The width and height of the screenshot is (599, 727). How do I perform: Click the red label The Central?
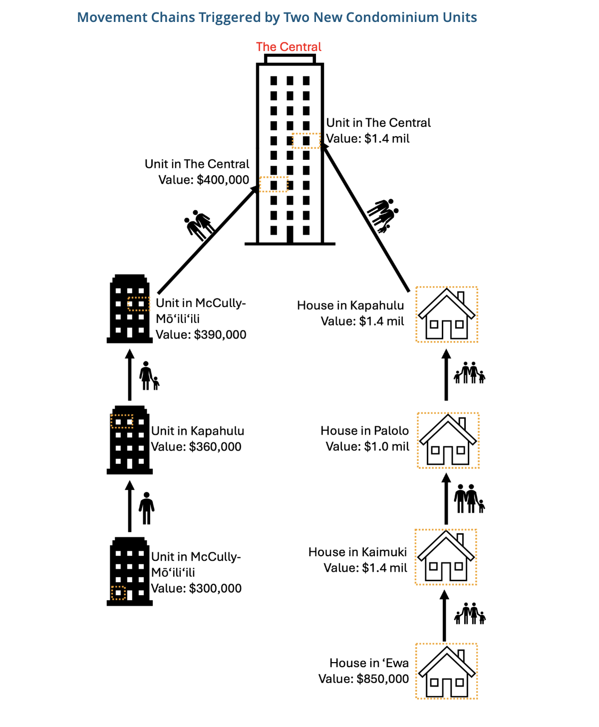[x=289, y=47]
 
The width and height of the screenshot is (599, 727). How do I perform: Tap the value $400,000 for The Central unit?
[x=223, y=180]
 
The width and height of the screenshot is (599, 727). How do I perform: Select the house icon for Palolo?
[x=448, y=440]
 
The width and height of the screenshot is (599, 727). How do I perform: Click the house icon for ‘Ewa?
[x=447, y=671]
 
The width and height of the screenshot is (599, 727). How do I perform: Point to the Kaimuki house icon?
[x=446, y=557]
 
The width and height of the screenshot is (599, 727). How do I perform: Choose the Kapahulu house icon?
[x=447, y=315]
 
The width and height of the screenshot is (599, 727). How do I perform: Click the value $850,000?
[x=382, y=679]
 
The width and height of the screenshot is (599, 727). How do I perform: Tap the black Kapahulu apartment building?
[x=130, y=439]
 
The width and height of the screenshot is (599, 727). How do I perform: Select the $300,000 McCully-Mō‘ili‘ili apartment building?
[x=130, y=571]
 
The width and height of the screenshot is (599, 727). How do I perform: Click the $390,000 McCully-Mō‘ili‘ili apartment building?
[x=130, y=308]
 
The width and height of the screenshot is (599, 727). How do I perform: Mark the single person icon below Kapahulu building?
[x=147, y=508]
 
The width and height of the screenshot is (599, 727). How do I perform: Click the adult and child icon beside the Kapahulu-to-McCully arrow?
[x=149, y=376]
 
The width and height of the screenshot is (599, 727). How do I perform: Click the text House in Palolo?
[x=364, y=431]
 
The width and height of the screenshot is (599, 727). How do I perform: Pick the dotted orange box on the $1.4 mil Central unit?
[x=306, y=141]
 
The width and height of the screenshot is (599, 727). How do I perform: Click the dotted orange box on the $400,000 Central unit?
[x=274, y=184]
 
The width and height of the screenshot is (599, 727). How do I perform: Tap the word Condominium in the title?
[x=394, y=17]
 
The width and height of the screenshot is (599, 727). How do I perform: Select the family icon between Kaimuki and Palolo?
[x=469, y=498]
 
